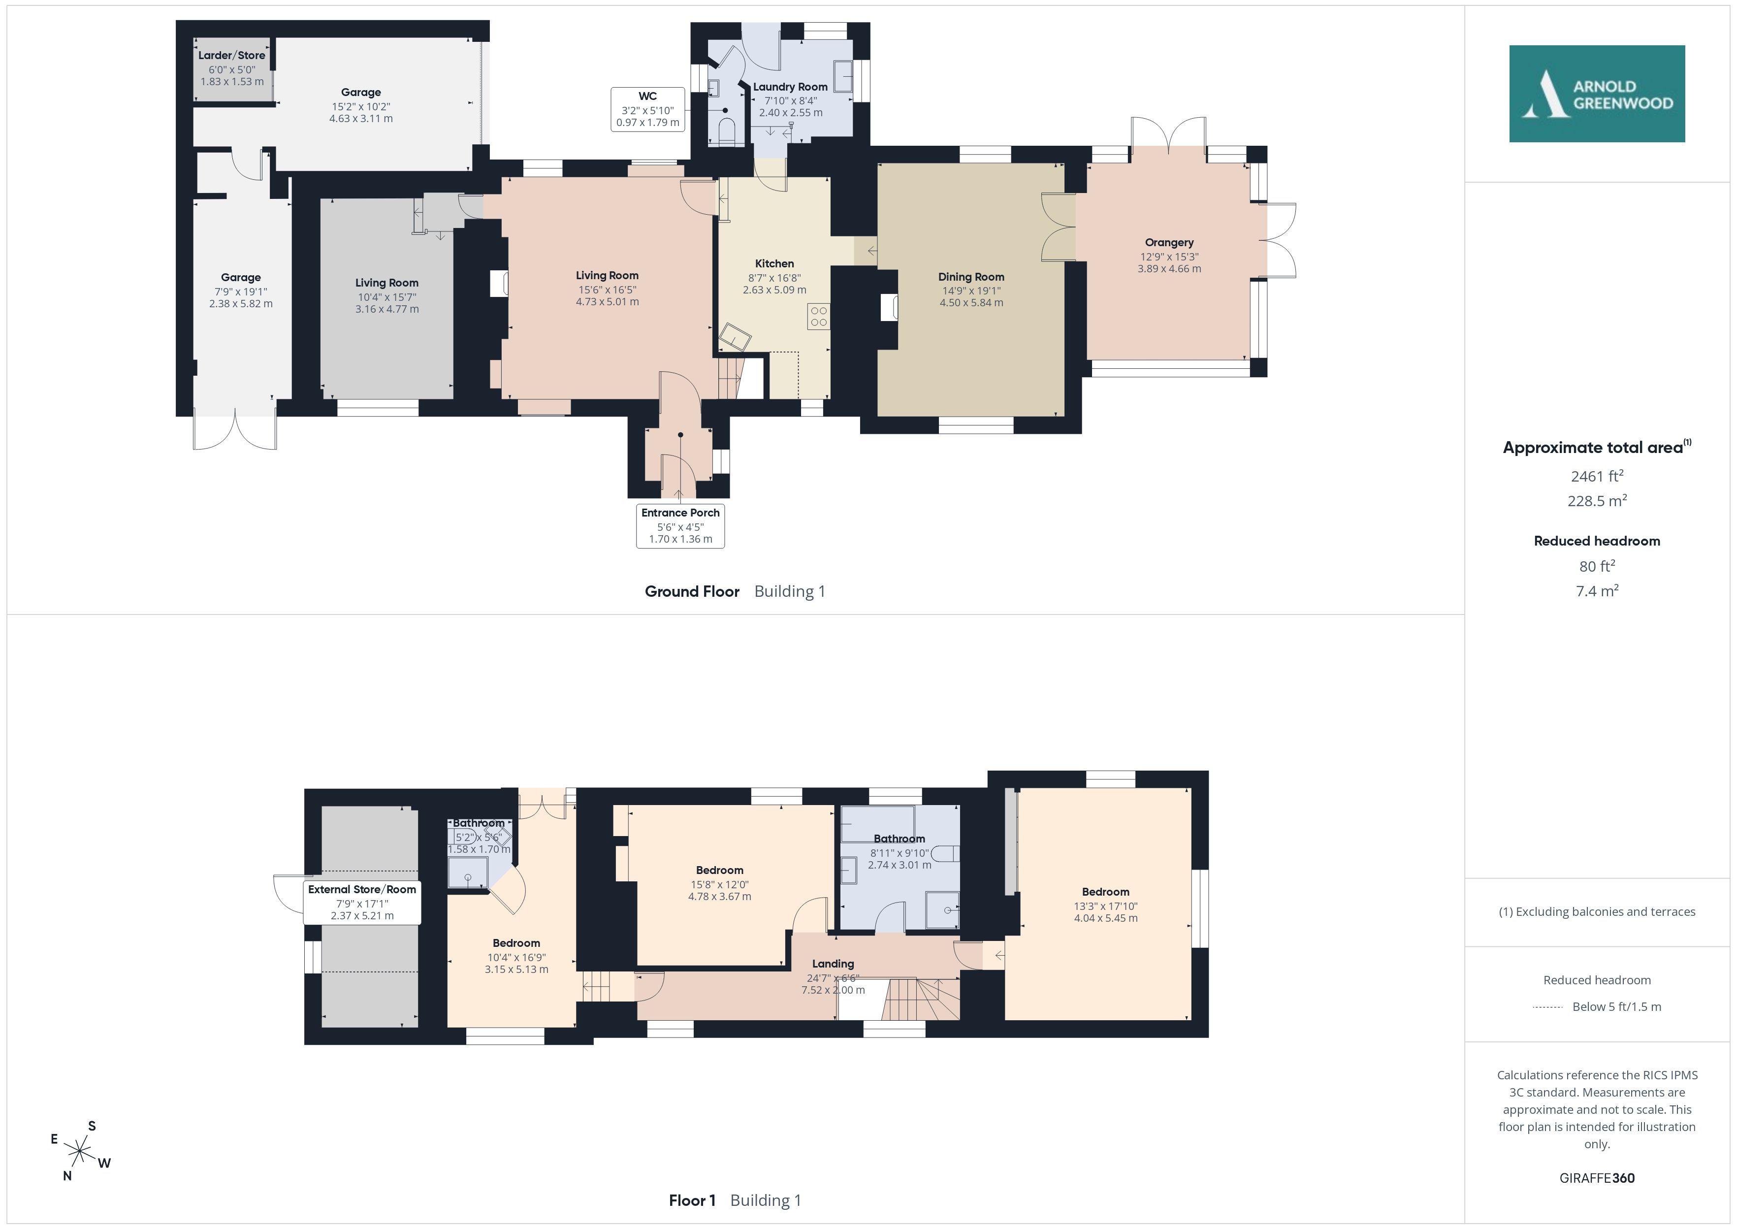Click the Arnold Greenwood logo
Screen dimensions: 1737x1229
tap(1596, 94)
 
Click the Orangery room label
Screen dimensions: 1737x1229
tap(1169, 243)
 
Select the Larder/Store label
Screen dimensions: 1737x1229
tap(231, 55)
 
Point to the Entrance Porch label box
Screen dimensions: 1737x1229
tap(680, 525)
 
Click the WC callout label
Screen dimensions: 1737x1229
tap(647, 109)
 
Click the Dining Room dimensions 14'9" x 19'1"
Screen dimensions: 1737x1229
tap(971, 291)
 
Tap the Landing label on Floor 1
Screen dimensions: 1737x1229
tap(833, 964)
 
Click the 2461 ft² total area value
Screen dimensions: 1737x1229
tap(1597, 476)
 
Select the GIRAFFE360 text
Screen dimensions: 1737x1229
tap(1597, 1177)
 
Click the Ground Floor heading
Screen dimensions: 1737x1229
tap(691, 591)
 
